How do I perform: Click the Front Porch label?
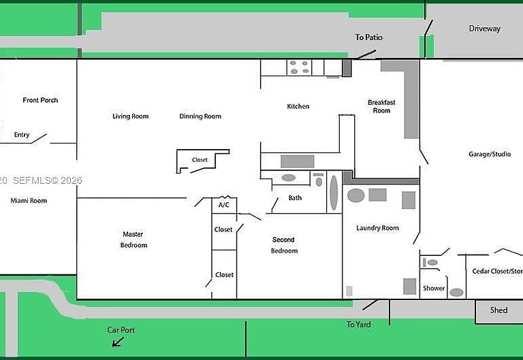[40, 100]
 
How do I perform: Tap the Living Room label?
[131, 116]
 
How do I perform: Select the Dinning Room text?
[200, 116]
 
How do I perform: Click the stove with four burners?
[299, 67]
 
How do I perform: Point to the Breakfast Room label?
[381, 106]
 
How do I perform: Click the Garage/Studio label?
[490, 154]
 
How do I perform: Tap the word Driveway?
[485, 29]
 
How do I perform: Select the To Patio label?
[368, 37]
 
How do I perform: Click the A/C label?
[224, 205]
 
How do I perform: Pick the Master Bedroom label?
[133, 240]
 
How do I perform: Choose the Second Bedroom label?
[284, 245]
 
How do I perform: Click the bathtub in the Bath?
[334, 193]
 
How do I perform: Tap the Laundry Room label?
[377, 228]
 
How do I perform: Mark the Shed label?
[499, 310]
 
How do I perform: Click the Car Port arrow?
[118, 342]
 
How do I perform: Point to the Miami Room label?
[29, 201]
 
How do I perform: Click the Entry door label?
[22, 135]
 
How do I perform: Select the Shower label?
[434, 288]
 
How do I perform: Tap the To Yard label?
[359, 325]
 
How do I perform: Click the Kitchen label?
[298, 106]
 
